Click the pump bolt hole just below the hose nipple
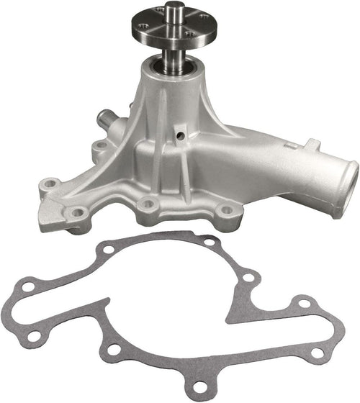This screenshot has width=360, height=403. (x=100, y=147)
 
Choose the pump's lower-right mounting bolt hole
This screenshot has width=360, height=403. (x=226, y=212)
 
